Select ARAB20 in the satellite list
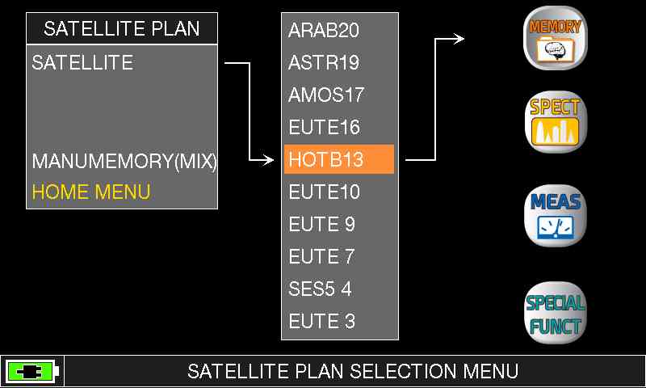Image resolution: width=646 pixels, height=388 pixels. [324, 30]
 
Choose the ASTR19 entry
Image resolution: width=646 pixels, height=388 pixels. [324, 63]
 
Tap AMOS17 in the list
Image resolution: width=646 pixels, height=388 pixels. [326, 95]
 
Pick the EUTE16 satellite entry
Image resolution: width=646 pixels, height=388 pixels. [325, 127]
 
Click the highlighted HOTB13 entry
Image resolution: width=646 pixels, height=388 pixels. [339, 159]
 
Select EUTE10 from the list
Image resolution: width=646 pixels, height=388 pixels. [325, 192]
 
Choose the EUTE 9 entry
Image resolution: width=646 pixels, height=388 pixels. [321, 224]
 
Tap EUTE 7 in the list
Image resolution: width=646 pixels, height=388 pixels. [321, 256]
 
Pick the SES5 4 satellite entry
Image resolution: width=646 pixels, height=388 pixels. [320, 289]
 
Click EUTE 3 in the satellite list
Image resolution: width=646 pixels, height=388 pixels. [321, 321]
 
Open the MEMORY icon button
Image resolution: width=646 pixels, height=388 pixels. [555, 38]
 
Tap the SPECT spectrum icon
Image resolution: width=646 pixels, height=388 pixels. [555, 122]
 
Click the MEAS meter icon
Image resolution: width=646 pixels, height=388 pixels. [555, 216]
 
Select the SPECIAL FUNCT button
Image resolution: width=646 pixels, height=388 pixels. [555, 313]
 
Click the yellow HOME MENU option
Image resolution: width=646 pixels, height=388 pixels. [91, 192]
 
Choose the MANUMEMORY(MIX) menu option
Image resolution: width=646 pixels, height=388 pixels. [124, 161]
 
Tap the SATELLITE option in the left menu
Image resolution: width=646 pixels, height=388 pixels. [82, 63]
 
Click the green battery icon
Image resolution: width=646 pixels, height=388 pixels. [31, 372]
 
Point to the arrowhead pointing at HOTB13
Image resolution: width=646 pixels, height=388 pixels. [269, 159]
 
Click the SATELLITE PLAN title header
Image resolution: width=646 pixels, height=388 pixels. [122, 28]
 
